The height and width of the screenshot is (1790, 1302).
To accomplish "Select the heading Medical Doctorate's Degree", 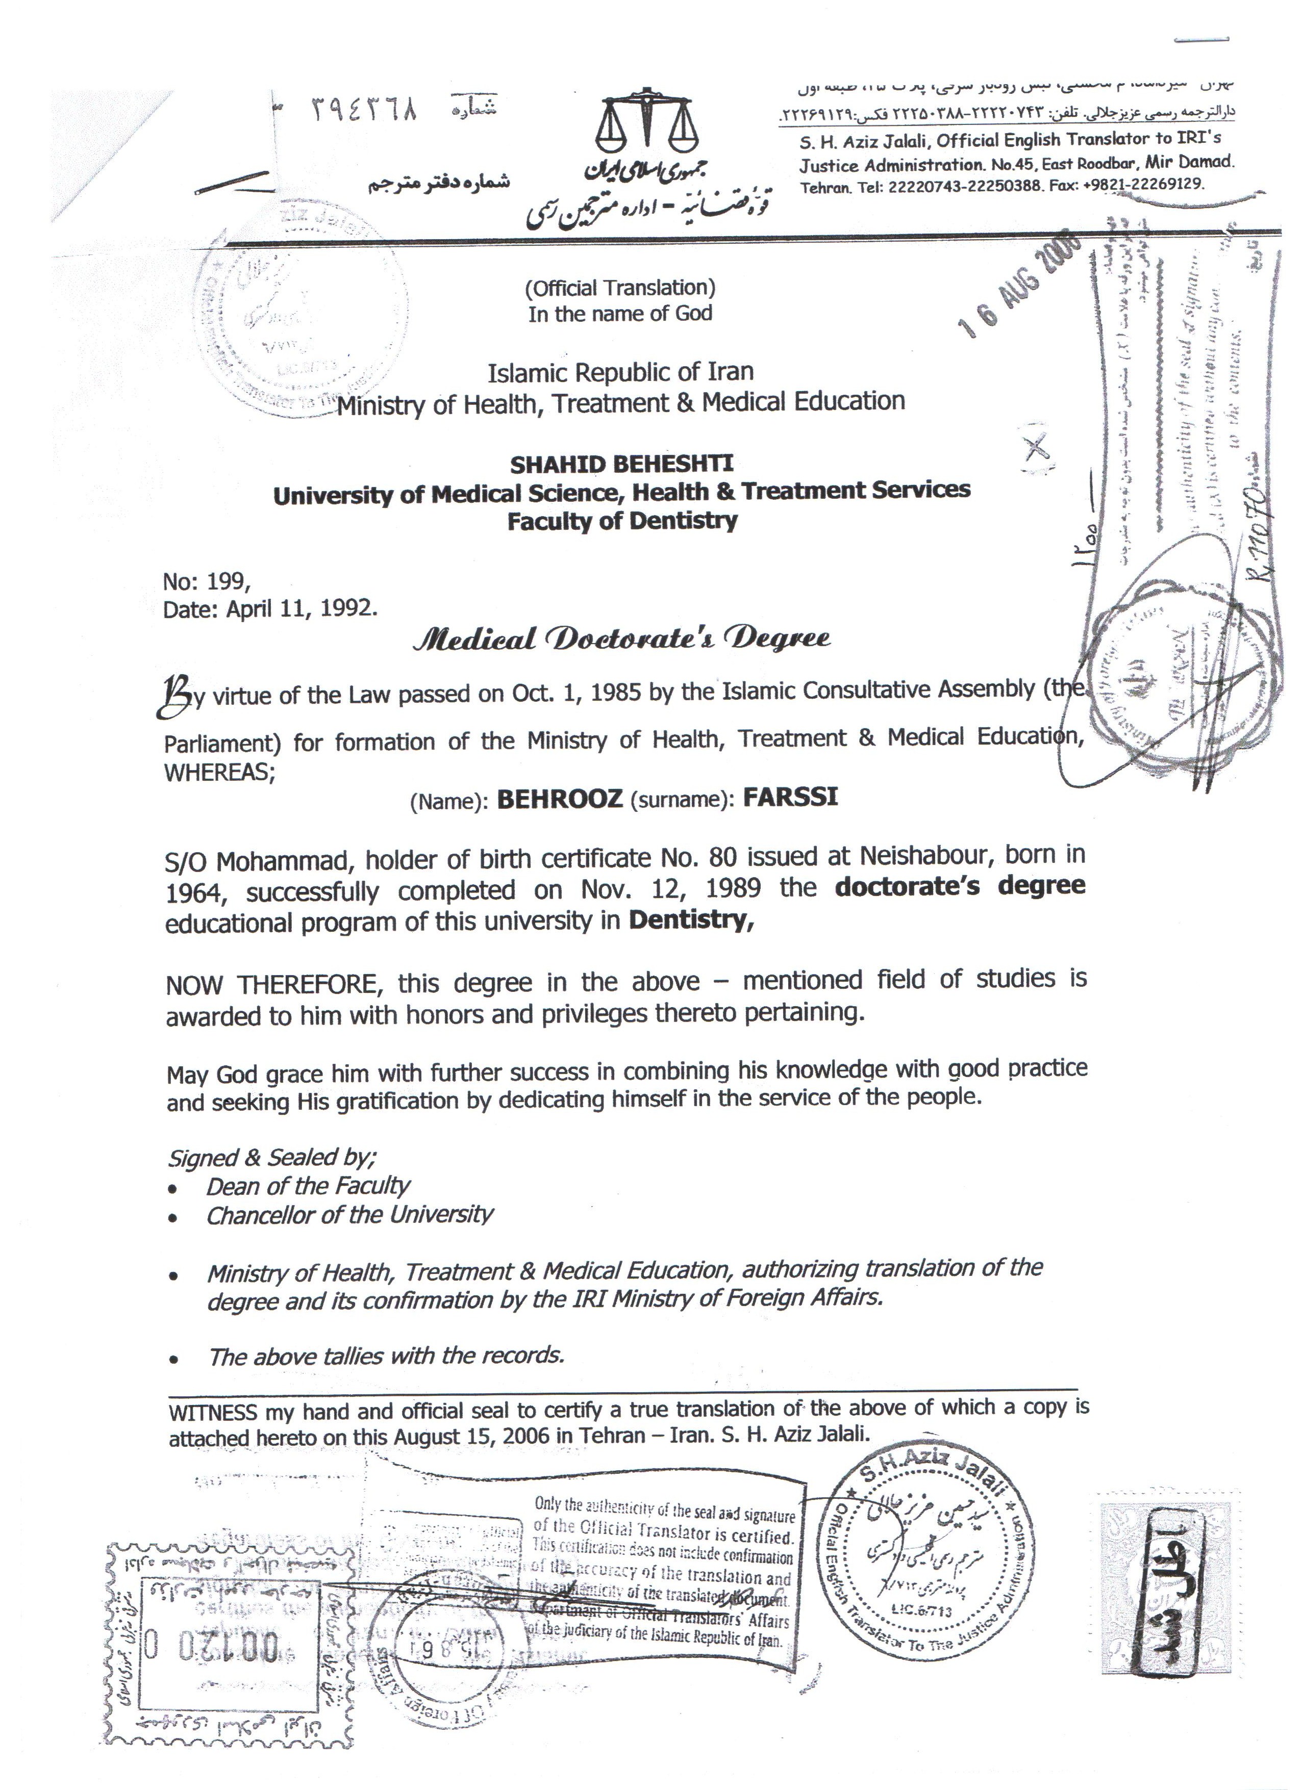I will pos(621,637).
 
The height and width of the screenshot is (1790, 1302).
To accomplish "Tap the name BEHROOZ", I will pos(559,799).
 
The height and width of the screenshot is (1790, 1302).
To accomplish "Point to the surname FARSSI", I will pos(790,797).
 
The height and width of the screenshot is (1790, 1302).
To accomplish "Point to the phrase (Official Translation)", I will pos(620,287).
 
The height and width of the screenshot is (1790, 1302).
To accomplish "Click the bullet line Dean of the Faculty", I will pos(308,1186).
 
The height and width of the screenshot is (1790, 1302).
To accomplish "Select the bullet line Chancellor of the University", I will pos(350,1215).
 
